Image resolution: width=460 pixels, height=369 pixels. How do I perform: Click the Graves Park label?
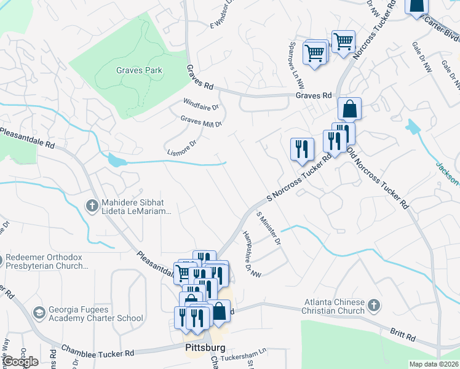(140, 71)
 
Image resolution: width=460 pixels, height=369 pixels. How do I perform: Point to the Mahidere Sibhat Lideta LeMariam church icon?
(92, 206)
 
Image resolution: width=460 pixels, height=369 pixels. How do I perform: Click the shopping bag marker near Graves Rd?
(349, 109)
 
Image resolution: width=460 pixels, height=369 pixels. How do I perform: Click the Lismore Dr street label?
(181, 147)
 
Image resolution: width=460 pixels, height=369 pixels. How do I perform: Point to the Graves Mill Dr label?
(201, 121)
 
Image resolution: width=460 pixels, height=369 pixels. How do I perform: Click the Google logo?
(20, 362)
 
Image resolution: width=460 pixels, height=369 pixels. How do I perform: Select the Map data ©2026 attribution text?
(434, 364)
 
